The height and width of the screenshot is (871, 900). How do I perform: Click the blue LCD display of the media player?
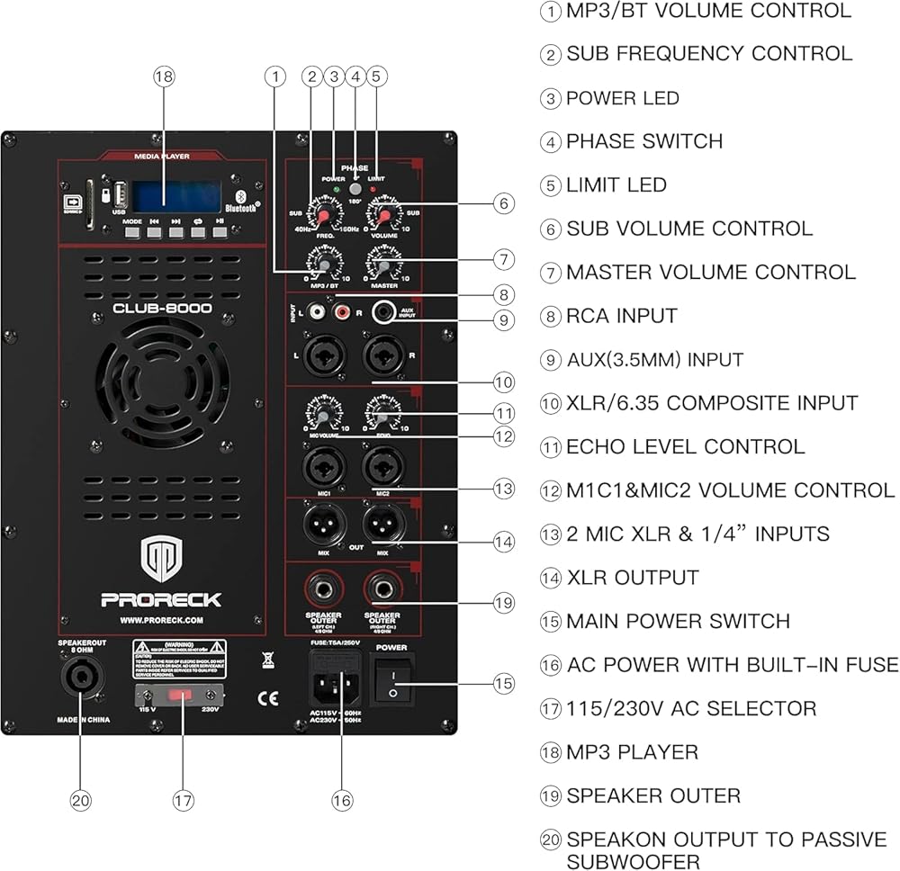point(176,194)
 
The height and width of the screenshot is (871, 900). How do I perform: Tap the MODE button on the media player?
point(132,232)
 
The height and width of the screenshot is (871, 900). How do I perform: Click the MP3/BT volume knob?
point(321,264)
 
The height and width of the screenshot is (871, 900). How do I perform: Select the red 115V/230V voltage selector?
point(180,696)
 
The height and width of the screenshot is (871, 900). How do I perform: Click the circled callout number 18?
point(163,77)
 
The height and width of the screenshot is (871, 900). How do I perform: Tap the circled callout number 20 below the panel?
point(81,799)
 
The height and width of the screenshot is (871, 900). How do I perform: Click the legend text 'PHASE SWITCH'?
point(644,141)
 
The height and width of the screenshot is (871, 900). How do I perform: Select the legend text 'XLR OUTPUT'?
point(633,578)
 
